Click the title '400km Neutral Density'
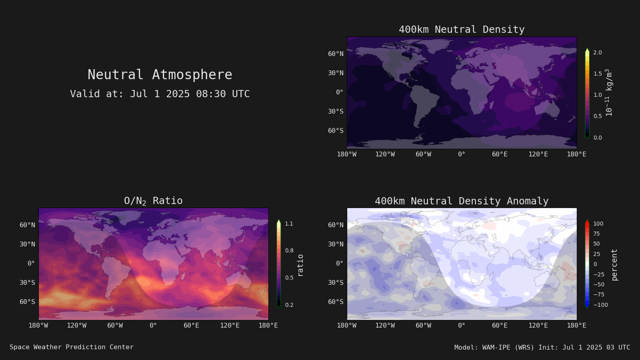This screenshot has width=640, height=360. coord(462,30)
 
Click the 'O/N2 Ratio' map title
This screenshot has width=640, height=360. coord(153,201)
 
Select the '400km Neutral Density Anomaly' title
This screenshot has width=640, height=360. coord(462,201)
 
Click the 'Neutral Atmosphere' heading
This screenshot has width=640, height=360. coord(160,74)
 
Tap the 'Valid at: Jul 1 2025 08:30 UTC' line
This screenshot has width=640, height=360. coord(160,94)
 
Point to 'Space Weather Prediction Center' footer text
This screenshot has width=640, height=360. coord(72,347)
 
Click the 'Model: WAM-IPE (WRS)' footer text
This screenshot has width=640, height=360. coord(494,347)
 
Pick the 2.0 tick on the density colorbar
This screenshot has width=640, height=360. coord(598,52)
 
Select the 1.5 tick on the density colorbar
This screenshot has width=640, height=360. coord(598,74)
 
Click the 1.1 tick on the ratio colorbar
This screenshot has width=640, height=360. coord(289,224)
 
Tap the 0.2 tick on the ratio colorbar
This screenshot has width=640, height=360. coord(289,305)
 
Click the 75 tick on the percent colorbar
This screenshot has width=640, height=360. coord(596,234)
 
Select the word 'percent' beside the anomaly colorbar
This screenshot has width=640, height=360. coord(614,265)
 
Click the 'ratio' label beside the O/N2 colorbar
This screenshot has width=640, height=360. coord(300,266)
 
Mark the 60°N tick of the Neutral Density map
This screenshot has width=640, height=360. coord(336,54)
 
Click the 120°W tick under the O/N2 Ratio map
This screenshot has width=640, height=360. coord(76,326)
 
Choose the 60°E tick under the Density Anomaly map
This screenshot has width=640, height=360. coord(500,326)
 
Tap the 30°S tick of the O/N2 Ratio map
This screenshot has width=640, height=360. coord(28,282)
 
